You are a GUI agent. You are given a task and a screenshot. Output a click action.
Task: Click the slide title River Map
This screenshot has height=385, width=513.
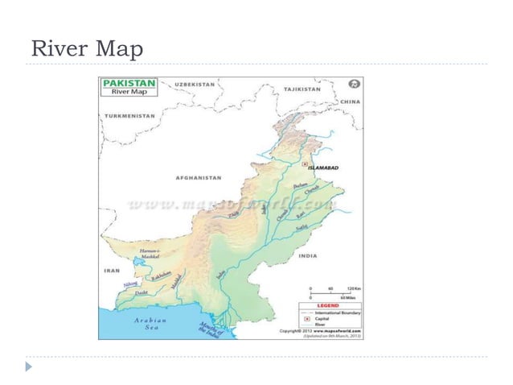click(85, 50)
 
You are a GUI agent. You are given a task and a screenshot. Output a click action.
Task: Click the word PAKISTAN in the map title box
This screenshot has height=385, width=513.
click(129, 83)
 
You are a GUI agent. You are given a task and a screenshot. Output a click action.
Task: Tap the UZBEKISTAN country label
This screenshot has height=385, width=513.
click(195, 85)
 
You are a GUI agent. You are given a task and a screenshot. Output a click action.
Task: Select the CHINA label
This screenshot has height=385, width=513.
click(350, 102)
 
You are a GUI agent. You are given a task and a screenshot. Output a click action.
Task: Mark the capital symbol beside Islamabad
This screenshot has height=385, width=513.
click(305, 164)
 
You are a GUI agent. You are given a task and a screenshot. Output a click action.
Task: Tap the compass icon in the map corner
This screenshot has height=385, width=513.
click(353, 84)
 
